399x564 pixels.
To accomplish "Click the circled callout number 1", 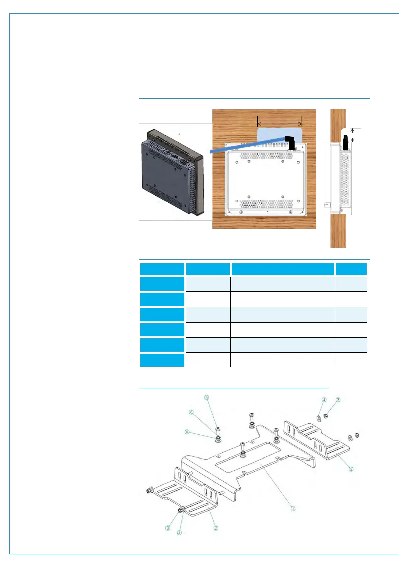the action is pos(293,508).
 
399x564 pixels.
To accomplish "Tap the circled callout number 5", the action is pos(207,398).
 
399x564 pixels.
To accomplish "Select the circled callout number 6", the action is pos(191,412).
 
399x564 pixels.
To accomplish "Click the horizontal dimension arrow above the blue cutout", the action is pos(279,125).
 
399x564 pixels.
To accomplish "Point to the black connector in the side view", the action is pos(345,142).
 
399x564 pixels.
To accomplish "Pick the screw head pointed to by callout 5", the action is pos(218,429).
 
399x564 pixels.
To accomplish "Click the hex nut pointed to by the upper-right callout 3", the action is pos(326,416).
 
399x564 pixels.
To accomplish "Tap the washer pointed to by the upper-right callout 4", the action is pos(318,418).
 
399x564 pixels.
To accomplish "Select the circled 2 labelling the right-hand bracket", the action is pos(351,469).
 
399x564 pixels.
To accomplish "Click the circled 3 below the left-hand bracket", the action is pos(168,528).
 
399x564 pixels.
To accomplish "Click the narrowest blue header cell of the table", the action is pos(351,269).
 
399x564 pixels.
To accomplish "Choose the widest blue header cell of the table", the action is pos(282,269).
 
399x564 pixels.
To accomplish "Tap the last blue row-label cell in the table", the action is pos(162,360).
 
